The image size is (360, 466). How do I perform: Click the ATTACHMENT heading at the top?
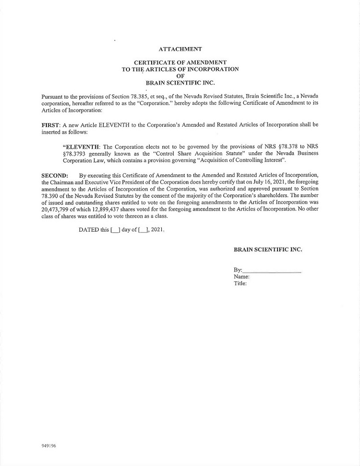point(180,49)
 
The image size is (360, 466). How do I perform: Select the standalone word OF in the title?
point(180,76)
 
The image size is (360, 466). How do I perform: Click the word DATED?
point(89,230)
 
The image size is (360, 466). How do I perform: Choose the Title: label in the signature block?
point(240,283)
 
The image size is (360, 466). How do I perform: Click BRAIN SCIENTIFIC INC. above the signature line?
point(268,250)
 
